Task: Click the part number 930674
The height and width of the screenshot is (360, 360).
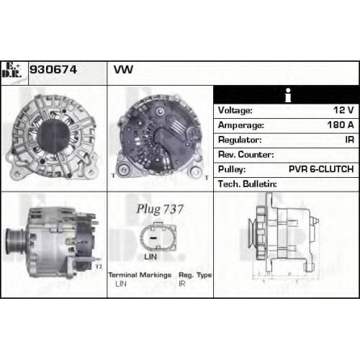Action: [53, 70]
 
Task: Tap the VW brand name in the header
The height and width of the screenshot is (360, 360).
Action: [123, 70]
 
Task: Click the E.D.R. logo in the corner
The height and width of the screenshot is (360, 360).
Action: [12, 71]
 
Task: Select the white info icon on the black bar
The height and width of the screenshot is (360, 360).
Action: [288, 95]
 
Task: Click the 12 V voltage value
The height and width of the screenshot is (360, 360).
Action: [343, 110]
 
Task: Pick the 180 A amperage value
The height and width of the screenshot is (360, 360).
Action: [341, 125]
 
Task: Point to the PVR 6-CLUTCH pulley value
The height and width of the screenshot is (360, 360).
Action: [321, 169]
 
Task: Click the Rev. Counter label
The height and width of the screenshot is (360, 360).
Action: [246, 154]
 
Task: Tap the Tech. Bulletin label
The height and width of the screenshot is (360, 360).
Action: [248, 184]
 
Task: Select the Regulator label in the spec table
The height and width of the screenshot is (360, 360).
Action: [240, 140]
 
